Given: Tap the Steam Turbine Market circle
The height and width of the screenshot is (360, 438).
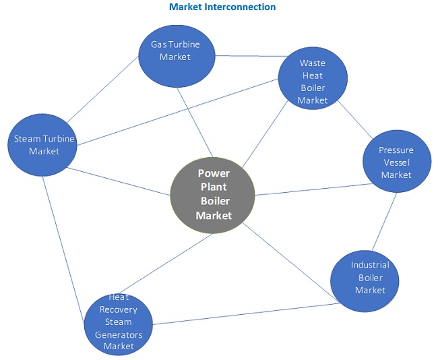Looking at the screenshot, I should [44, 146].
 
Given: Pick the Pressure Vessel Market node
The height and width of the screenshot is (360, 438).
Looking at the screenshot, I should [396, 162].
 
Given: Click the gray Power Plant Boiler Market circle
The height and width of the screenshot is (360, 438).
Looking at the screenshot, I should [213, 195].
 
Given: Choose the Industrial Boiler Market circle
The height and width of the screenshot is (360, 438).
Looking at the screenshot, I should [365, 278].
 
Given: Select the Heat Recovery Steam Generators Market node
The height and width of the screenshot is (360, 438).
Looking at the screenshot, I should [119, 322].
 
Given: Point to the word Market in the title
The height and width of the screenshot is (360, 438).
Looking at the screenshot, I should [185, 7].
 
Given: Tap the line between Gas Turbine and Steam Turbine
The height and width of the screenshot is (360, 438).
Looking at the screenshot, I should [104, 90].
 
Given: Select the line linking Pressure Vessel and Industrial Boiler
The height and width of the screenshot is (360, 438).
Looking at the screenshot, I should [385, 223].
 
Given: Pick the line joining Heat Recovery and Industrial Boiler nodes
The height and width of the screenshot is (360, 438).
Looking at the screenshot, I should [243, 313].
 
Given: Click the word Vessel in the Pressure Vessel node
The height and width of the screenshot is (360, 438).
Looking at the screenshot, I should [396, 162].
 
